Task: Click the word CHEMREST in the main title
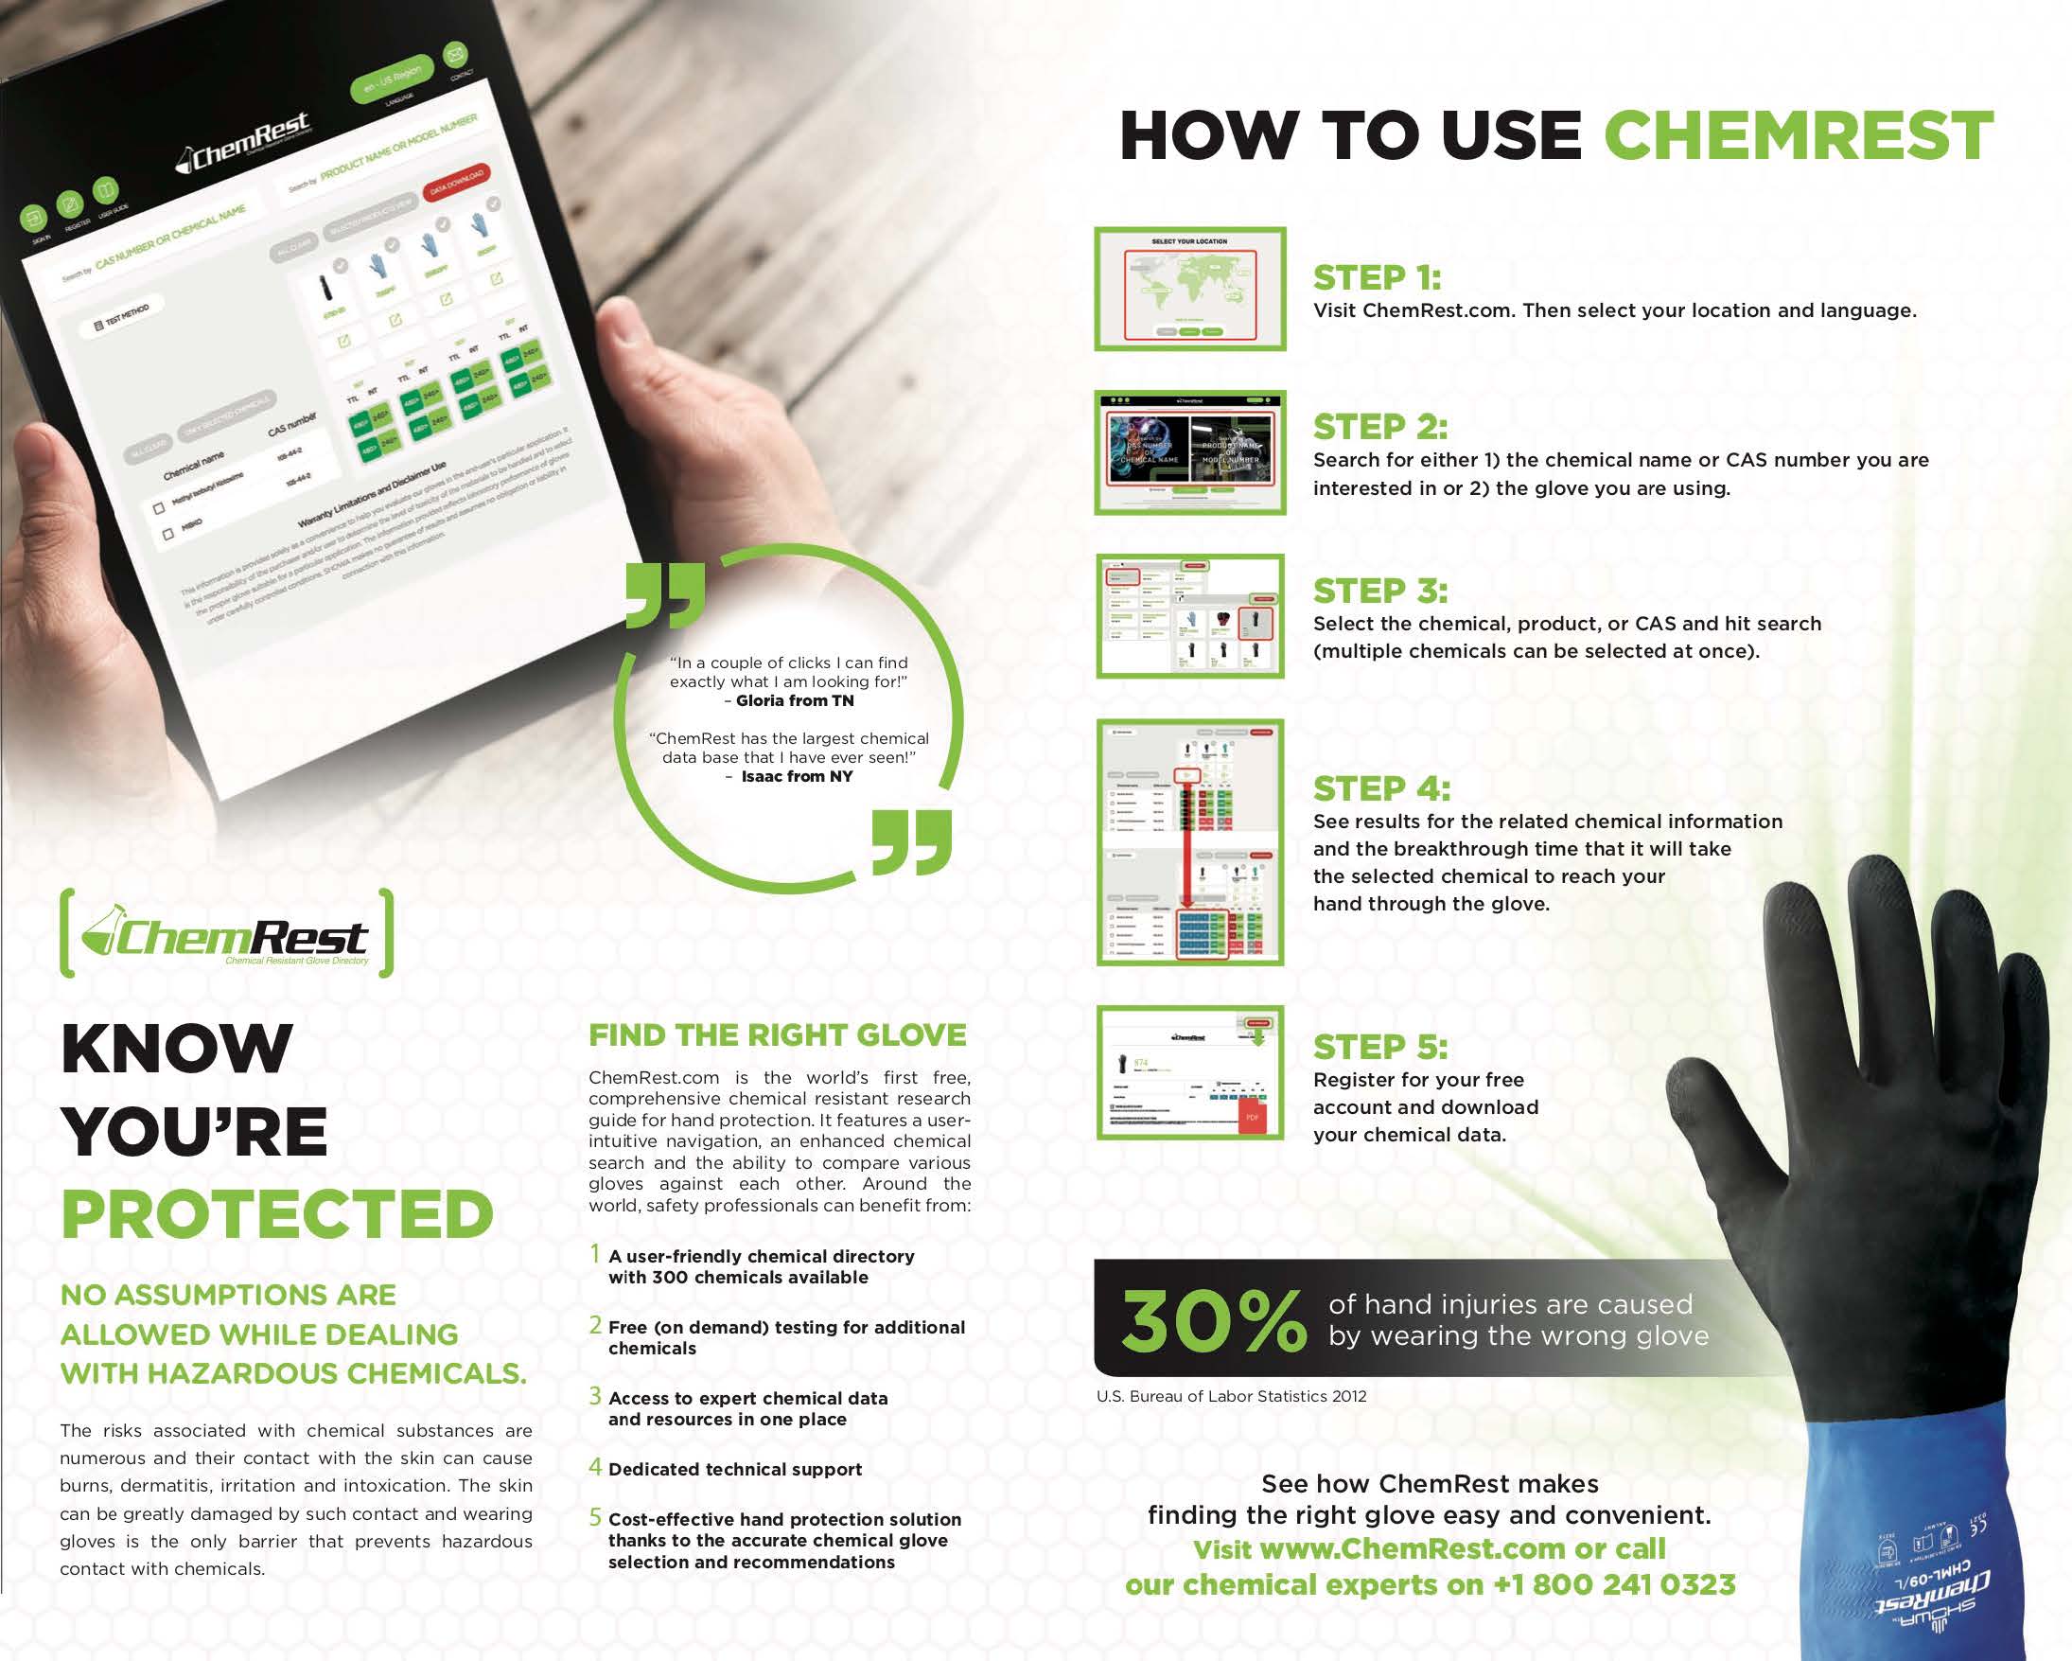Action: [x=1799, y=135]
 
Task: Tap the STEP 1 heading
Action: [x=1377, y=278]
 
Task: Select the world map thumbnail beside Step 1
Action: [x=1190, y=290]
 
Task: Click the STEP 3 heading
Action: [x=1380, y=591]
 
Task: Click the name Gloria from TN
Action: [x=794, y=700]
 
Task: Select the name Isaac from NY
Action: [x=797, y=777]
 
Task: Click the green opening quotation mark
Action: [x=664, y=595]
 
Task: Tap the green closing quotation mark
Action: [x=911, y=842]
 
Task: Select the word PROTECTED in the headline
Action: [x=277, y=1214]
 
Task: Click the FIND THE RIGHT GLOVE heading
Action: [x=778, y=1035]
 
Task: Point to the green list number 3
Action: [x=596, y=1396]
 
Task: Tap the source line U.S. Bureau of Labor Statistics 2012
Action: [x=1231, y=1396]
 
